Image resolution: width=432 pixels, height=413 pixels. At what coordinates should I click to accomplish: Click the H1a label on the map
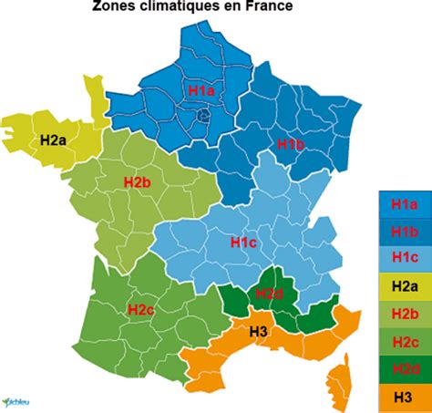coord(201,91)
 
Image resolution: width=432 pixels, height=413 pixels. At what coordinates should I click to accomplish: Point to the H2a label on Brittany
coord(53,140)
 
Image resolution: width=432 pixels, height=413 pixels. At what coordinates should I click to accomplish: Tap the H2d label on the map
coord(269,293)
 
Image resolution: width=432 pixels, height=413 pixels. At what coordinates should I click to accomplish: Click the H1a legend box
coord(404,204)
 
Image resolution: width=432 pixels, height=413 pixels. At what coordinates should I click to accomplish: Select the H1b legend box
coord(404,232)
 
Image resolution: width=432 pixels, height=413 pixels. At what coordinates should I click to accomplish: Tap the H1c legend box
coord(404,259)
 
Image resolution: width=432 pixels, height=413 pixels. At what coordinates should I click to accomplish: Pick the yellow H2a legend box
coord(404,286)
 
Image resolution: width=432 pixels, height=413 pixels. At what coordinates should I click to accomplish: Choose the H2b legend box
coord(404,314)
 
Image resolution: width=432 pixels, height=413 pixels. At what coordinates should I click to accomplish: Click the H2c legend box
coord(404,341)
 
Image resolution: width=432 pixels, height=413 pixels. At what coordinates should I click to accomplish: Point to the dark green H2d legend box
coord(404,368)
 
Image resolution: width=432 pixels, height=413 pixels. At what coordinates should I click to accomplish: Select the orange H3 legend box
coord(404,396)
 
